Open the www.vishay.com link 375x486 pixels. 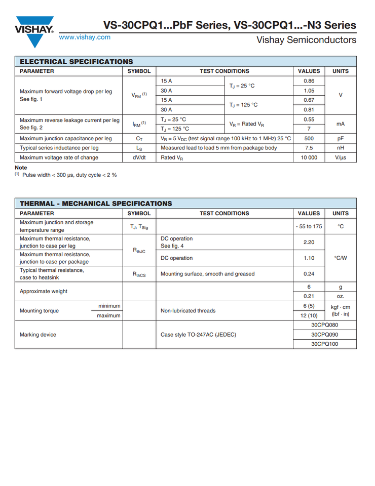pos(85,37)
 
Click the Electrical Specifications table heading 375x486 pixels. pos(77,61)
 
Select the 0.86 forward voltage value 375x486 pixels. pos(309,81)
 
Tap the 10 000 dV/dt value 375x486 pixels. pos(309,157)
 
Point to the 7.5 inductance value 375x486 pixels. pos(309,148)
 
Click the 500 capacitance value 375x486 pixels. pos(309,138)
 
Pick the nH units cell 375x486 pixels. pos(340,148)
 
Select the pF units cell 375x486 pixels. pos(340,138)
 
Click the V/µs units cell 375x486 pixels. pos(340,157)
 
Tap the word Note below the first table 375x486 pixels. pos(21,168)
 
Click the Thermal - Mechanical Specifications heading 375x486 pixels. pos(96,204)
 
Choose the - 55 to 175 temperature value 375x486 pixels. pos(309,226)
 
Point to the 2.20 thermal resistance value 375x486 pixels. pos(309,242)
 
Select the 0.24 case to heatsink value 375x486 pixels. pos(309,274)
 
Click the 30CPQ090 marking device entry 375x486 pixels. pos(324,335)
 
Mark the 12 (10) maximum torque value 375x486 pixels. pos(309,315)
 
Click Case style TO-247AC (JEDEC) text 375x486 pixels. pos(198,335)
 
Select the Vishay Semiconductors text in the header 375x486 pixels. pos(306,39)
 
